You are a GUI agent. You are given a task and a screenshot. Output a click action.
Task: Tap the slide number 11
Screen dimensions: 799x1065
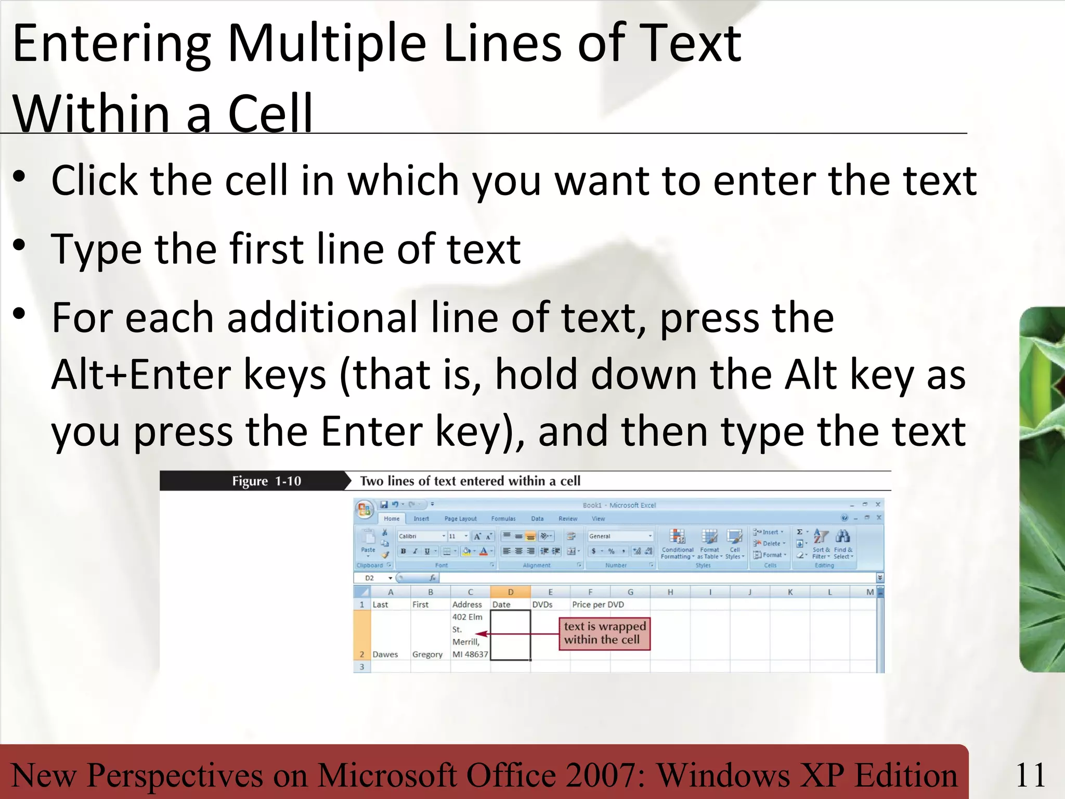(1030, 775)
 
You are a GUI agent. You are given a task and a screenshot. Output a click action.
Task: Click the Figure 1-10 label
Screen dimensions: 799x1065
(266, 481)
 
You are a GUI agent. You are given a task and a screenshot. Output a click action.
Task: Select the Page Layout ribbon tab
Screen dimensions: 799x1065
(460, 519)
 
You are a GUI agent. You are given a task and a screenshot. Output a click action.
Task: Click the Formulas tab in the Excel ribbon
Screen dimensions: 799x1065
(503, 519)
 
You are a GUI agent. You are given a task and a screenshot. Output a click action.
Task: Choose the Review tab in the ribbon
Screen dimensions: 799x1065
(568, 519)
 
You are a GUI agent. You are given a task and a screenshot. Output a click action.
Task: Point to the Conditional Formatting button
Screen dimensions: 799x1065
(677, 544)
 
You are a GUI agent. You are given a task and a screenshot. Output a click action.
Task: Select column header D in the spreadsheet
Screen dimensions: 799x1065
(510, 592)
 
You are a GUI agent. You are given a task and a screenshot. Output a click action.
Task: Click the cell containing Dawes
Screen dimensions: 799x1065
(385, 654)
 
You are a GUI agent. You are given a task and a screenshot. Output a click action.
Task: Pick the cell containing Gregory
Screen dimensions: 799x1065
(427, 654)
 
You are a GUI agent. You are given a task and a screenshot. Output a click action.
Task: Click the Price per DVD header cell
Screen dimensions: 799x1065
(598, 604)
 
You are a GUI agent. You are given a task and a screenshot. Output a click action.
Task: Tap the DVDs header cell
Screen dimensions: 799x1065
(542, 604)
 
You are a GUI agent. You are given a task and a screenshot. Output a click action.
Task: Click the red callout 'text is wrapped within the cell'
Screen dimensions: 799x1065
(605, 633)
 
